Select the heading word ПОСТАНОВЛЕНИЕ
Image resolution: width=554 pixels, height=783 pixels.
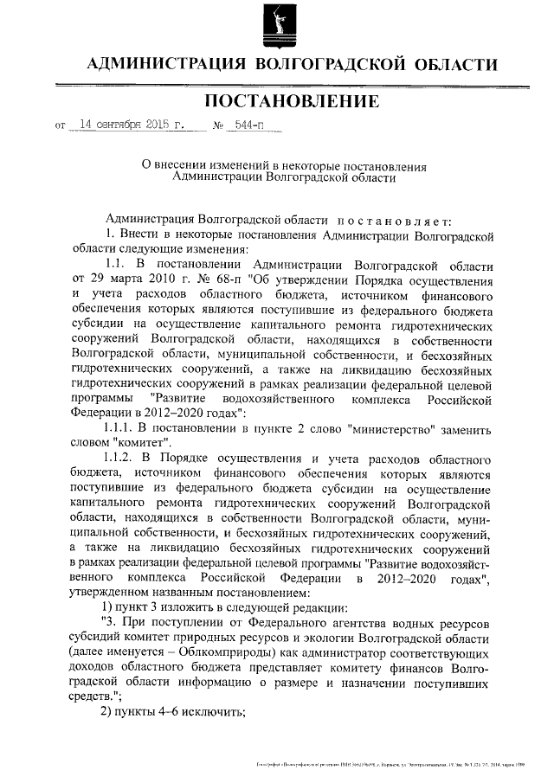click(293, 102)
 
